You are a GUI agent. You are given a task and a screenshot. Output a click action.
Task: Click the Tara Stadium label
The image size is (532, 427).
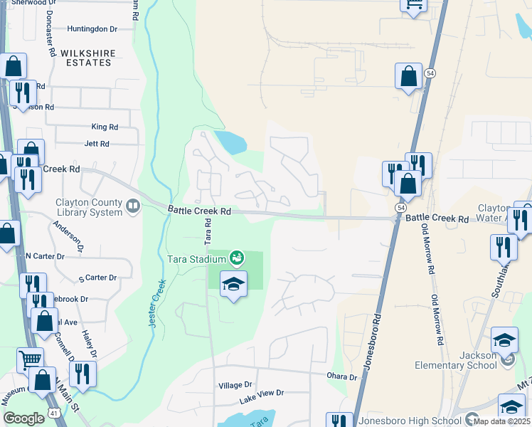197,259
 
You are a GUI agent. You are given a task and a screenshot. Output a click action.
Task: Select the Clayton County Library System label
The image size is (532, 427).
89,206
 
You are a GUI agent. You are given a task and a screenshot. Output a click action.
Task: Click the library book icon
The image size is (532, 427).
132,206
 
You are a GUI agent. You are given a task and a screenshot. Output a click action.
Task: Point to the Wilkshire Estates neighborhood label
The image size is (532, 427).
86,58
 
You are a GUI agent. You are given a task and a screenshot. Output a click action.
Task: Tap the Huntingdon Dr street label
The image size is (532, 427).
92,29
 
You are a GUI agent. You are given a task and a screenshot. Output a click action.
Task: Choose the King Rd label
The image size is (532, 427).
105,127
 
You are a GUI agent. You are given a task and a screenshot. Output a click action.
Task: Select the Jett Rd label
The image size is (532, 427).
97,144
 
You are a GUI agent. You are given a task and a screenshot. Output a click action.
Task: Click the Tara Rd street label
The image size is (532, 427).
208,232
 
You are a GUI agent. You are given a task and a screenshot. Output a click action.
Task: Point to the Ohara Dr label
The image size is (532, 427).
342,376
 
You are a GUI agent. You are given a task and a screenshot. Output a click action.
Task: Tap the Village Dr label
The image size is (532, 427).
235,385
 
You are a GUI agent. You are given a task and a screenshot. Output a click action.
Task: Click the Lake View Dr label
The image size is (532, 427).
261,393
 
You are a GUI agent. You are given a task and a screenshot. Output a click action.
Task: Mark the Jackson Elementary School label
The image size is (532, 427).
456,360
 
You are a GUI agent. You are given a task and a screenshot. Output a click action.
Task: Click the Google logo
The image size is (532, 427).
23,418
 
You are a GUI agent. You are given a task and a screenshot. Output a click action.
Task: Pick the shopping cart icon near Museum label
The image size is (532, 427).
30,359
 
